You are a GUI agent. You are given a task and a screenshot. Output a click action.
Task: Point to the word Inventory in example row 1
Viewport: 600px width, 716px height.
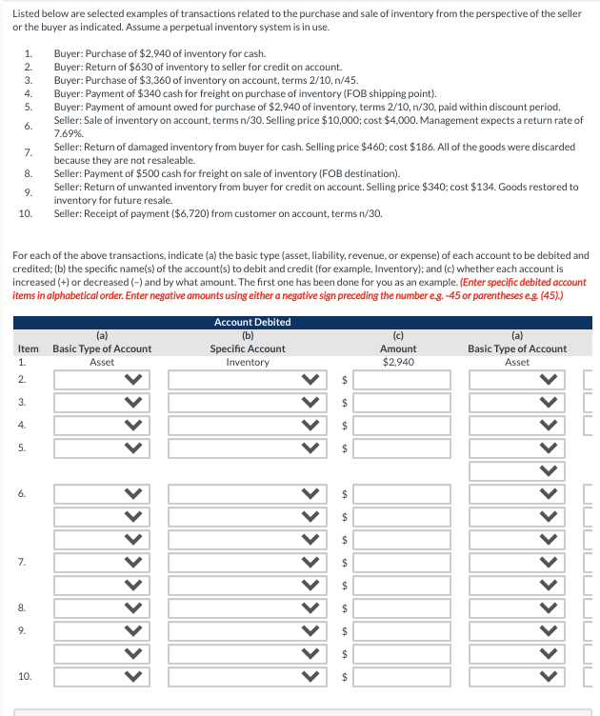pos(247,362)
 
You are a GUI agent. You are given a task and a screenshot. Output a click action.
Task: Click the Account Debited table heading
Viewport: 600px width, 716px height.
pos(252,322)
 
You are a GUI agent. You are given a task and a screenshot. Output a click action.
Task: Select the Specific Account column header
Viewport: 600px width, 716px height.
pos(247,348)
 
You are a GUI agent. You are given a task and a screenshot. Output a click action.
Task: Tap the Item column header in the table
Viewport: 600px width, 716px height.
pos(29,348)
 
